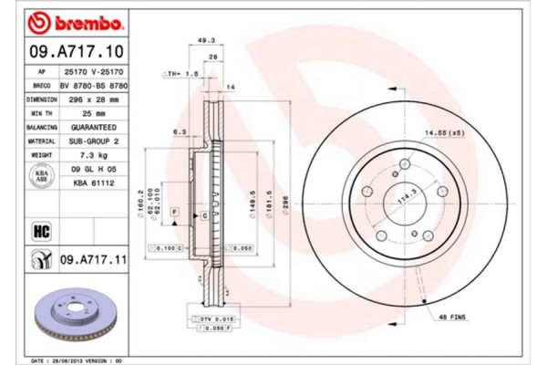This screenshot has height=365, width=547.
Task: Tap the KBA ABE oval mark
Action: point(42,176)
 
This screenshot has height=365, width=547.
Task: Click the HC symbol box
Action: point(41,230)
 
